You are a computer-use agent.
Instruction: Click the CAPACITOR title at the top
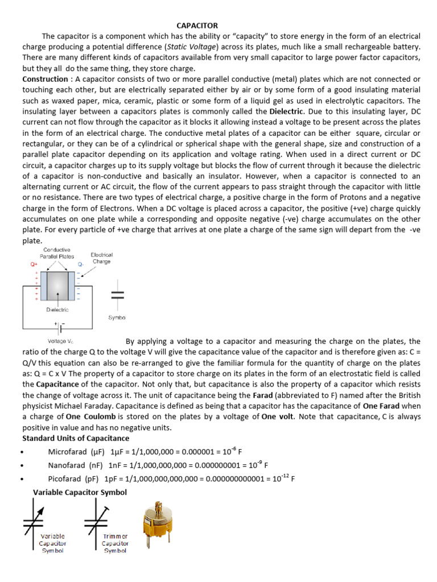[197, 26]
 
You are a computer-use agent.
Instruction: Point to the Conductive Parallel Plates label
[56, 253]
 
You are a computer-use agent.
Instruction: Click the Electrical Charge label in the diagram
[102, 259]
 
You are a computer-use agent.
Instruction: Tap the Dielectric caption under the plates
[57, 310]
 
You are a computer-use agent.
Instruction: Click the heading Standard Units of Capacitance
[76, 438]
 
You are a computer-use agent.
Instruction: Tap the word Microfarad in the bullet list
[67, 452]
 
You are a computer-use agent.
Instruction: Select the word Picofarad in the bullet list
[64, 479]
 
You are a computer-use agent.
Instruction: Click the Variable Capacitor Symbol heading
[80, 492]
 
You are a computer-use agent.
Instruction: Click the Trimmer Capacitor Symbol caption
[116, 543]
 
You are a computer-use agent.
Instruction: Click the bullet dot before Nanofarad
[22, 465]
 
